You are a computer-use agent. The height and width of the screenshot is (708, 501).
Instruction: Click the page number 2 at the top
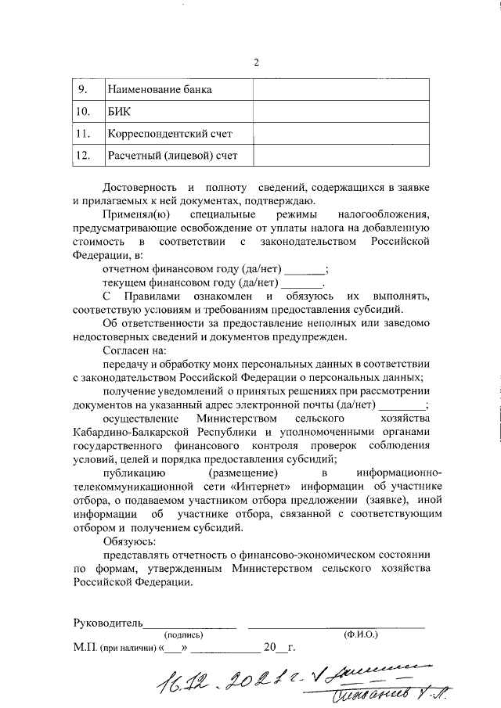coord(255,63)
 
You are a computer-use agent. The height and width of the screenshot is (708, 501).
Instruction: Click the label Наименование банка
coord(160,89)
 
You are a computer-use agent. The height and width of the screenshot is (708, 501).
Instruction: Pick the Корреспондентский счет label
coord(171,134)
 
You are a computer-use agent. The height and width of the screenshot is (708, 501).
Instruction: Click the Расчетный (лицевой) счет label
coord(173,156)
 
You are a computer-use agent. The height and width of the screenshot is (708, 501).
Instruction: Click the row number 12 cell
coord(85,156)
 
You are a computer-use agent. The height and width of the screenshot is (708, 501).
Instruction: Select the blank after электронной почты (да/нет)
coord(402,406)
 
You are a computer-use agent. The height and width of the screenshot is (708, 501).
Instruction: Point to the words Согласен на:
coord(134,351)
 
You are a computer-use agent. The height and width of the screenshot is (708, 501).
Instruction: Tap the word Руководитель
coord(107,624)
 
